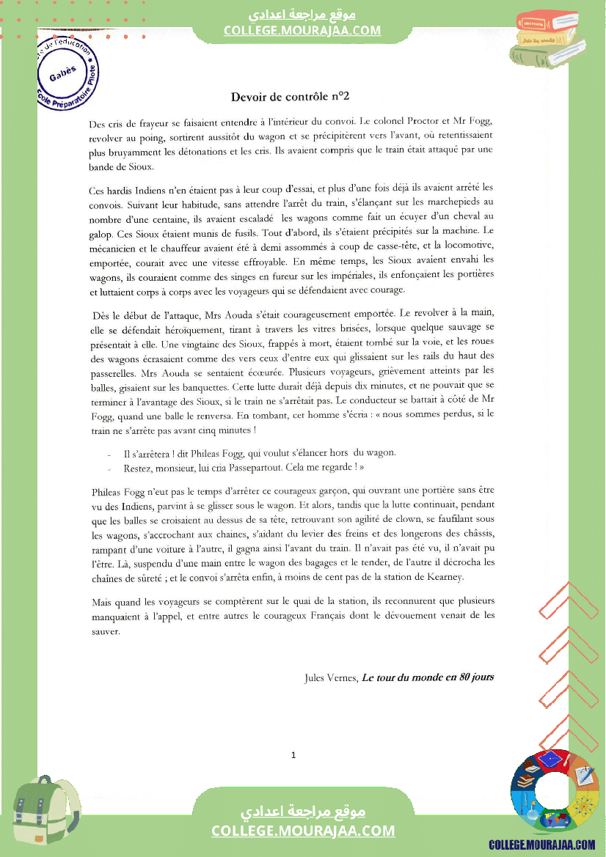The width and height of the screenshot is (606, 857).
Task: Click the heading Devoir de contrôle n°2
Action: tap(290, 96)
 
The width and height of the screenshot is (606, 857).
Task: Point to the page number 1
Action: tap(293, 755)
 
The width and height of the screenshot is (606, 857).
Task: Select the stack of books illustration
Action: tap(550, 40)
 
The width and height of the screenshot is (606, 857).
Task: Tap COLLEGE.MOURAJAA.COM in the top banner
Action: tap(302, 31)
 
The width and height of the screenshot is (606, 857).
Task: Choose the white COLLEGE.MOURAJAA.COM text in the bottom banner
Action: tap(302, 831)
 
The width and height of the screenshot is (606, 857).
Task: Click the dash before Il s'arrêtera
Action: tap(110, 454)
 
